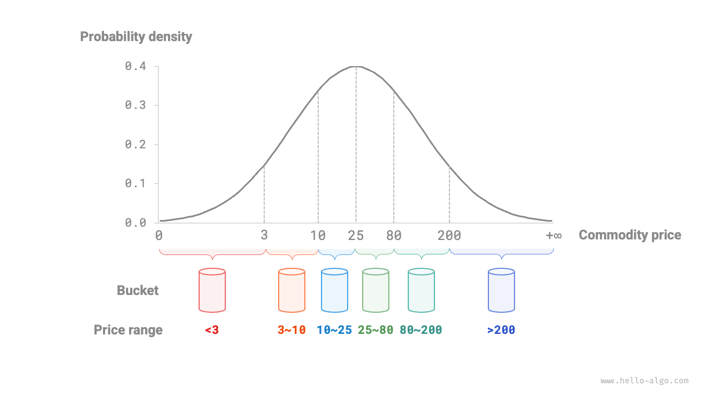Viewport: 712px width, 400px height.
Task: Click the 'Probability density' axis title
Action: [x=136, y=37]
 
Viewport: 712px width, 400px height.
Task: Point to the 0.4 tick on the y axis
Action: [x=135, y=66]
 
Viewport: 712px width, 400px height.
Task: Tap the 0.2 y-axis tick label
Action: [x=135, y=144]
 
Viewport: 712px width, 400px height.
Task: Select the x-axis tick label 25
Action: [x=356, y=236]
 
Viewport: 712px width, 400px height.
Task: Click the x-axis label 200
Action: [x=449, y=236]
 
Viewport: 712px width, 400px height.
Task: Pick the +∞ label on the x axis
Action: [x=553, y=236]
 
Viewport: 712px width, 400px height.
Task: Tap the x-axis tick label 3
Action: [x=264, y=236]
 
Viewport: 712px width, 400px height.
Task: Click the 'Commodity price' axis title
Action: [x=630, y=235]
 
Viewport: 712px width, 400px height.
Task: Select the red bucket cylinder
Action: [x=212, y=290]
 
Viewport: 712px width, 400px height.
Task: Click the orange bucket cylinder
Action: [x=291, y=290]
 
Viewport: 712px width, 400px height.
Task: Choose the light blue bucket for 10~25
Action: [x=334, y=290]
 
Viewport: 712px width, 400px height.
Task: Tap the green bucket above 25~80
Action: [x=375, y=290]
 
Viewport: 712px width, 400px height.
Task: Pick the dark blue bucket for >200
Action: [x=501, y=290]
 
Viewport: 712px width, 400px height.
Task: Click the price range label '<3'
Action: [x=211, y=330]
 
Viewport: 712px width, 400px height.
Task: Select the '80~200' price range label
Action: [x=421, y=330]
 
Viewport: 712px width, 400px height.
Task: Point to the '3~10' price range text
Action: [x=291, y=330]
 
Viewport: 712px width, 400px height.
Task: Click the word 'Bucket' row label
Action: [x=137, y=291]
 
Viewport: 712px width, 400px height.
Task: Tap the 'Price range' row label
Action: [x=128, y=330]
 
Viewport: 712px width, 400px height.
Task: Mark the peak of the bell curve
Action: [x=356, y=67]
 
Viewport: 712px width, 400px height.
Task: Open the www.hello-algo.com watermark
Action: [x=644, y=381]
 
